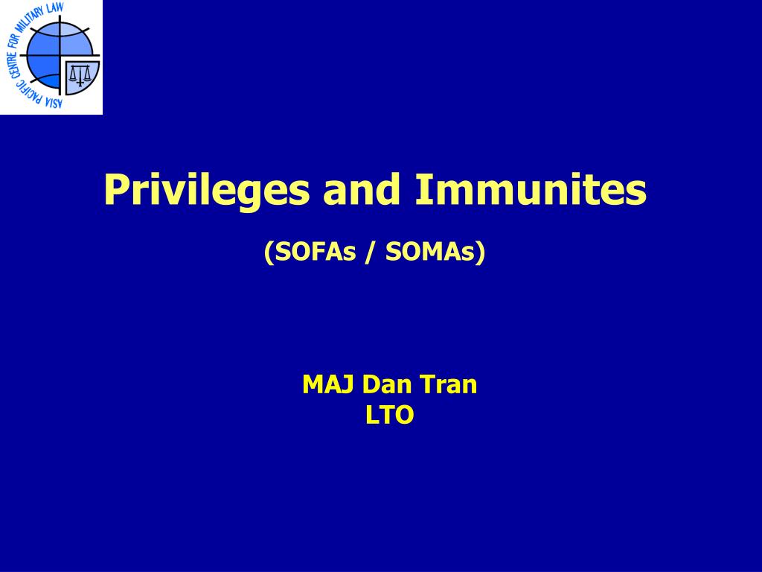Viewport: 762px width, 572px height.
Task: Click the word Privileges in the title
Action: point(207,191)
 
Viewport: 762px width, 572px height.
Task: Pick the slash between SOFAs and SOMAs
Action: point(371,252)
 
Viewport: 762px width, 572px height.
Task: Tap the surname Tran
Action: point(449,384)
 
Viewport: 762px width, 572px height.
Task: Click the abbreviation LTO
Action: point(390,416)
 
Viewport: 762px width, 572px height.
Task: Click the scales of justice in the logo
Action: point(80,74)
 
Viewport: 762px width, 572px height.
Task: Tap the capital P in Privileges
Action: point(115,189)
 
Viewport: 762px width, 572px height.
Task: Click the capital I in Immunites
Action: point(421,189)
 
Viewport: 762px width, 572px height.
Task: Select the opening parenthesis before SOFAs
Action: point(269,252)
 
